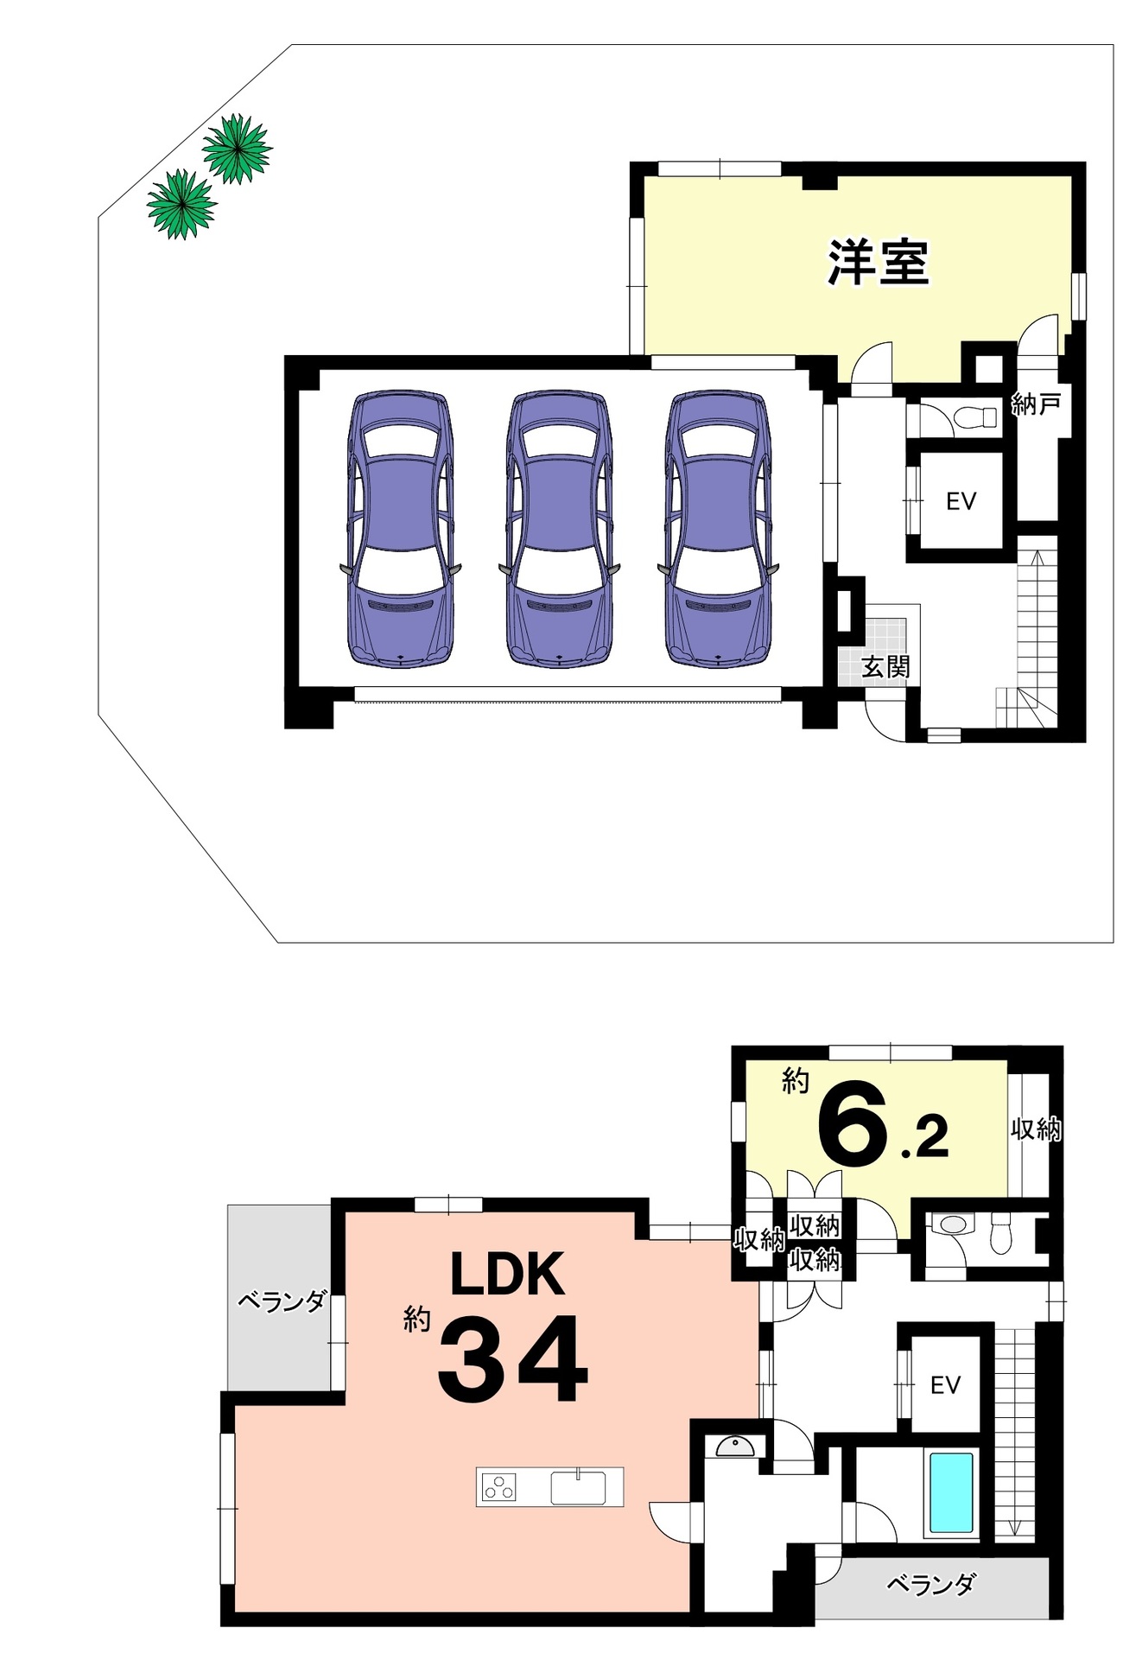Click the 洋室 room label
point(879,263)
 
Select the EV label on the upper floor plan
point(961,501)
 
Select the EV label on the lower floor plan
point(945,1385)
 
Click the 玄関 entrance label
point(885,667)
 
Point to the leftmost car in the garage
point(401,529)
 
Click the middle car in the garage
point(560,529)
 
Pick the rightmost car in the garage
point(718,529)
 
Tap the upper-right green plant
point(237,149)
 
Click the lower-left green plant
point(181,204)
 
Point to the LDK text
point(508,1274)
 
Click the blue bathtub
point(951,1492)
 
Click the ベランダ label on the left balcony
point(282,1301)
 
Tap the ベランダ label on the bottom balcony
point(931,1584)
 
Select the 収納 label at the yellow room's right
point(1036,1129)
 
